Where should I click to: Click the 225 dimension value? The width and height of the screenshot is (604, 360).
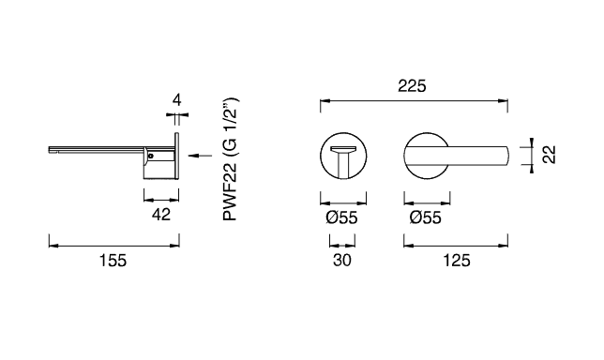(x=412, y=86)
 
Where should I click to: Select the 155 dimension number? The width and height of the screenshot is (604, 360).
(x=113, y=261)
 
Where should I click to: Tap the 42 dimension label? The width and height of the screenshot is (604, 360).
(x=161, y=215)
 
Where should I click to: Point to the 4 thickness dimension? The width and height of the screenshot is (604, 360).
(x=177, y=100)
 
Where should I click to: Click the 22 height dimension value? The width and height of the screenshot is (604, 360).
(x=550, y=155)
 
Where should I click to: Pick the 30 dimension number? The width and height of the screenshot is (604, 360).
(x=342, y=261)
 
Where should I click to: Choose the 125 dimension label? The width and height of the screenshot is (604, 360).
(x=457, y=261)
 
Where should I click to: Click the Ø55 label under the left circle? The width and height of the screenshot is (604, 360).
(x=341, y=217)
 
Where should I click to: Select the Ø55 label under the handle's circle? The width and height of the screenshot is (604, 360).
(x=426, y=217)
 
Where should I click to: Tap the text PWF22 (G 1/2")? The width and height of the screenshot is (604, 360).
(x=230, y=159)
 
